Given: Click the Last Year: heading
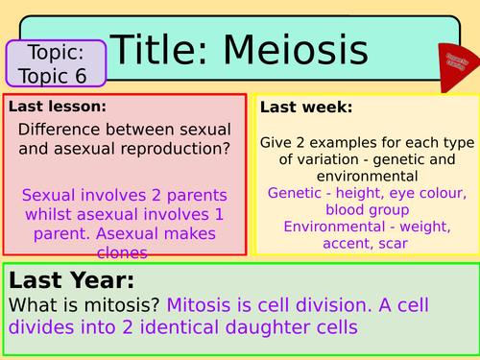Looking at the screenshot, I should tap(72, 280).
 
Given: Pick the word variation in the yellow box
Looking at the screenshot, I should tap(327, 159).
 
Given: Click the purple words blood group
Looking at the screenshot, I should tap(365, 208).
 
